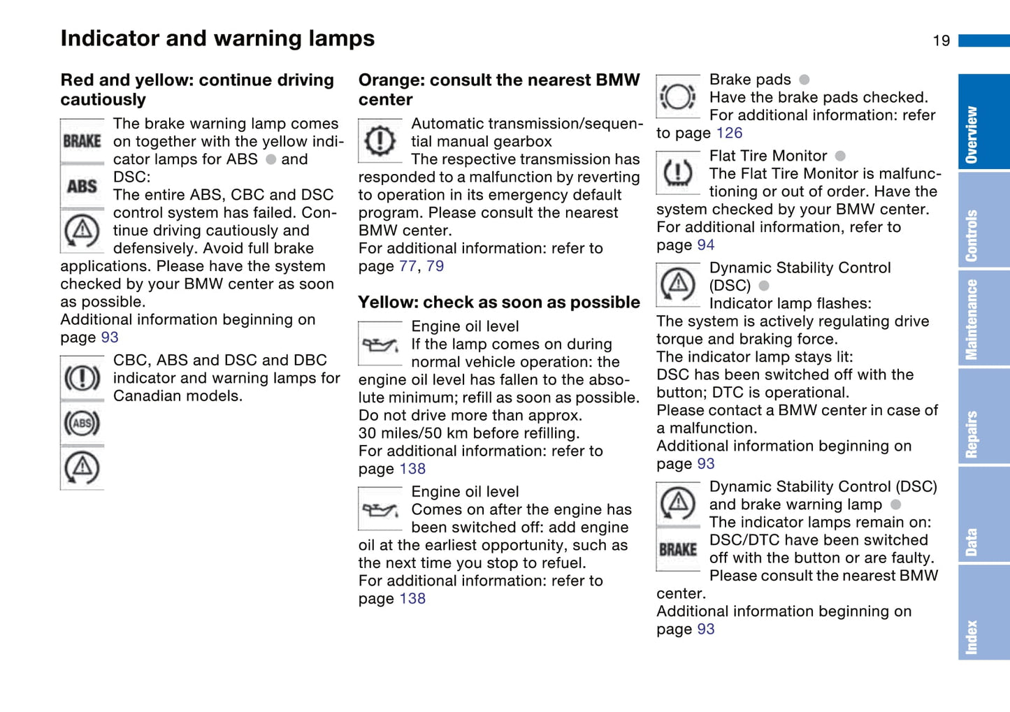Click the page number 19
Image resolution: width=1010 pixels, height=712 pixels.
pyautogui.click(x=941, y=41)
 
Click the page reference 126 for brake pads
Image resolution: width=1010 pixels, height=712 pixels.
pyautogui.click(x=729, y=133)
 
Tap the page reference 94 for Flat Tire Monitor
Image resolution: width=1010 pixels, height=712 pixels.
pyautogui.click(x=706, y=245)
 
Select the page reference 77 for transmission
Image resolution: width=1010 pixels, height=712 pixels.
pyautogui.click(x=407, y=266)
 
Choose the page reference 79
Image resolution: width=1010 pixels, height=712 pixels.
pyautogui.click(x=435, y=266)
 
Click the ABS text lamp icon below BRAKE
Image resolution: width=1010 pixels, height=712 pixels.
pyautogui.click(x=82, y=187)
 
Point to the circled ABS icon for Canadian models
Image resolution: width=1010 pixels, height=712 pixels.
pyautogui.click(x=82, y=423)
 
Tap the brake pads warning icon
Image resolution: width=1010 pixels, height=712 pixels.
pyautogui.click(x=677, y=96)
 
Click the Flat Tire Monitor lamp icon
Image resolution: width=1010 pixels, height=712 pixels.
pyautogui.click(x=677, y=173)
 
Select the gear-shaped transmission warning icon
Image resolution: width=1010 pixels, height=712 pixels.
pyautogui.click(x=380, y=140)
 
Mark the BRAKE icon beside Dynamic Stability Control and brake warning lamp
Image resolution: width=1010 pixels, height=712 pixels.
pyautogui.click(x=677, y=550)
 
